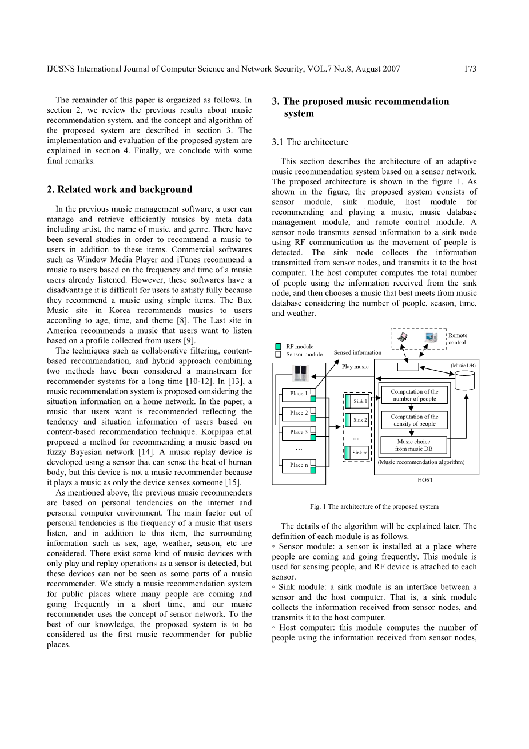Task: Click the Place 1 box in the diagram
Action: pos(297,394)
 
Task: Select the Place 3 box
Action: pos(297,433)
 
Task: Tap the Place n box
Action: pos(297,465)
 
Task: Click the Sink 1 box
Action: pos(360,401)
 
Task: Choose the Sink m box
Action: pos(360,453)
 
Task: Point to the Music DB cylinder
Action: pos(465,379)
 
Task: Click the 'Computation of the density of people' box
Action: pos(414,421)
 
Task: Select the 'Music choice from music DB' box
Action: pos(414,445)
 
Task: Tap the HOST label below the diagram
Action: pos(425,480)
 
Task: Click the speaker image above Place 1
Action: pos(300,374)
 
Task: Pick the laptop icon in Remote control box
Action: pos(403,337)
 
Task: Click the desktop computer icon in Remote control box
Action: pos(431,337)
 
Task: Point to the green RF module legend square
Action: pos(278,346)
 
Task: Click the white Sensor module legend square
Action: pos(278,354)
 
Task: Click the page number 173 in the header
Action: pos(470,69)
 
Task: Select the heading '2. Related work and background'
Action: pos(120,189)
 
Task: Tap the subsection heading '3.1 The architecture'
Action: pos(309,142)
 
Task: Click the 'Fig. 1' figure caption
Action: pos(374,506)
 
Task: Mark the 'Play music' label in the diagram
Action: pos(355,367)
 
